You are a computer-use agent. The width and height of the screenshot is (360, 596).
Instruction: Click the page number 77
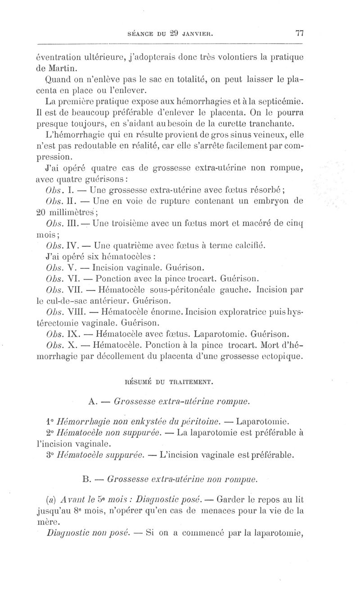click(x=300, y=33)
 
